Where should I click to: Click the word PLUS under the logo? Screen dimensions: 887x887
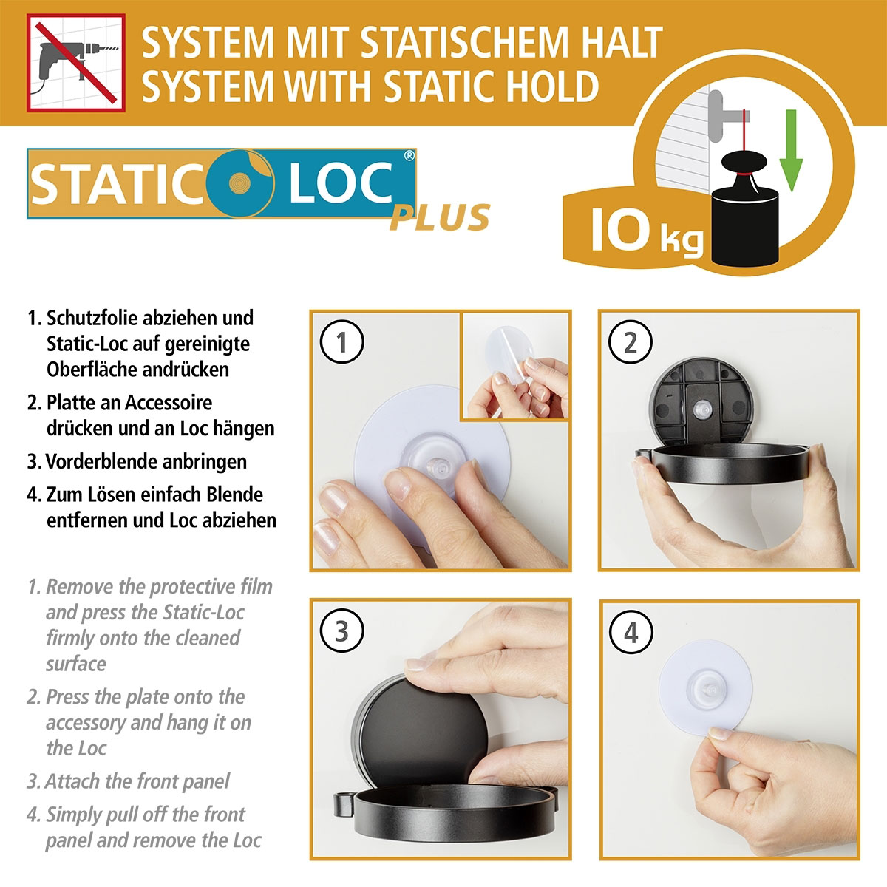tap(440, 217)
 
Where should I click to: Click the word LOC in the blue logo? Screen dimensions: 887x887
tap(340, 184)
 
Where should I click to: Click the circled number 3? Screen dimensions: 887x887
tap(341, 631)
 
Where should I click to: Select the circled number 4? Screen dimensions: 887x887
tap(630, 632)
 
